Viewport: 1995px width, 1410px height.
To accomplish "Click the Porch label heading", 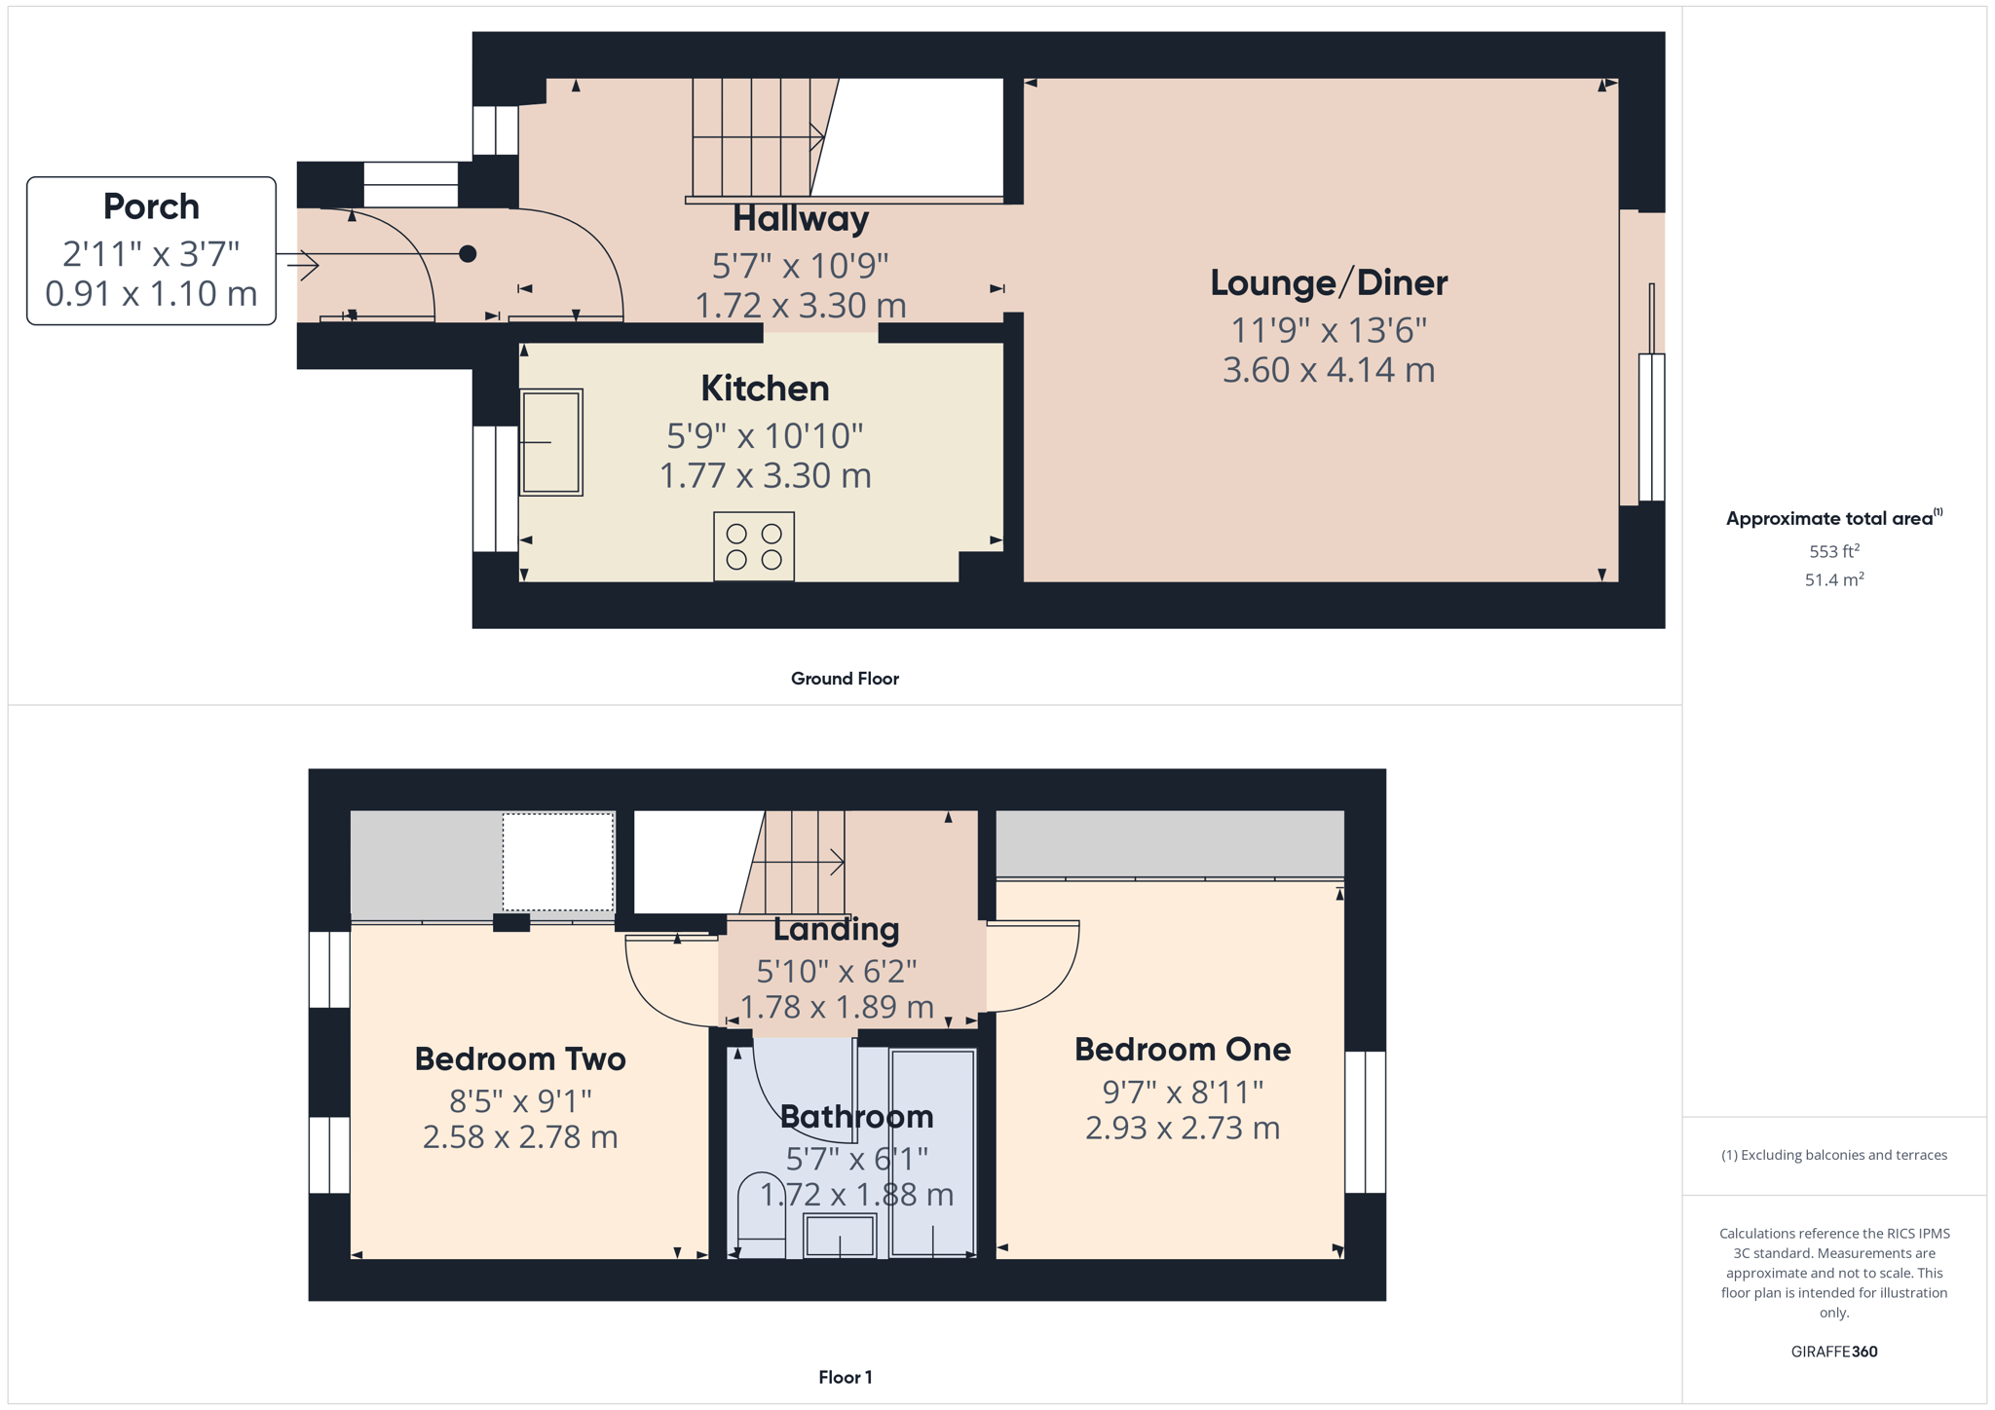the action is coord(151,206).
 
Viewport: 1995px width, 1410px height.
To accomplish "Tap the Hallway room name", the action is coord(800,219).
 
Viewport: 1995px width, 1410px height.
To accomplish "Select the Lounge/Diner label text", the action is coord(1329,282).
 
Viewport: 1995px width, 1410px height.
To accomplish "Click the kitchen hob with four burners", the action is coord(754,546).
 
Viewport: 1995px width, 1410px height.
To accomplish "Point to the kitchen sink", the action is coord(551,442).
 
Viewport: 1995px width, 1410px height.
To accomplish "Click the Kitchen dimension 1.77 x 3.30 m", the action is coord(766,476).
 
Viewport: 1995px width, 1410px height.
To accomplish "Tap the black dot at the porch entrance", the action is coord(468,254).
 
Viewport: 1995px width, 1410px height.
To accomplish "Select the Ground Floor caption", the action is coord(845,679).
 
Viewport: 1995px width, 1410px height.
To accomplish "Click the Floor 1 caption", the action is coord(846,1377).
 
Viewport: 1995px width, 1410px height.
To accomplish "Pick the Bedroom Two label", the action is coord(520,1058).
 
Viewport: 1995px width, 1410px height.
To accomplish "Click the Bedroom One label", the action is coord(1183,1049).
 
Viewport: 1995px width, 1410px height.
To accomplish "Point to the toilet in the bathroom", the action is coord(761,1215).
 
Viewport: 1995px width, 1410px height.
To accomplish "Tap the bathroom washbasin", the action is coord(840,1235).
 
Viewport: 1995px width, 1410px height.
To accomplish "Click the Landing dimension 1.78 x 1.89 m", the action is coord(837,1007).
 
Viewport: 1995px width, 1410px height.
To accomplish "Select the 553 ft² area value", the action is coord(1834,551).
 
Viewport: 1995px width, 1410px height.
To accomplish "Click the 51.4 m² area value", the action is coord(1834,579).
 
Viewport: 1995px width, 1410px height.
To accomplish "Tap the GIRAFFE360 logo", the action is coord(1834,1352).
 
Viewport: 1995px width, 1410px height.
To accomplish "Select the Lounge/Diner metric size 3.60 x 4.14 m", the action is coord(1329,370).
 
